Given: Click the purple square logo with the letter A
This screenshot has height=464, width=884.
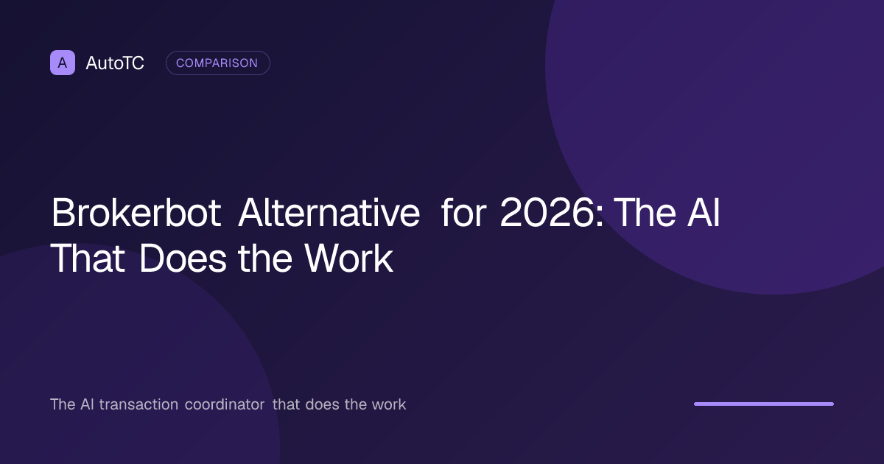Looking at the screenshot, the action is [63, 63].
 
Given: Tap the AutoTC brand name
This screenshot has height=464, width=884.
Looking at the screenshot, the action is [115, 63].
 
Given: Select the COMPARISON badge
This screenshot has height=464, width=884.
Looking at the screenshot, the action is [218, 63].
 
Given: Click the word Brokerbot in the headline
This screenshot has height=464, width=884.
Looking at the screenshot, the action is [136, 213].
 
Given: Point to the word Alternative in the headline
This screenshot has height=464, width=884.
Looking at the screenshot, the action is [329, 213].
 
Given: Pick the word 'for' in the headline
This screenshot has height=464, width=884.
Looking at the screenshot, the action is [463, 213].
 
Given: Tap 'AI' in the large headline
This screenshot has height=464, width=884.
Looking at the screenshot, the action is [704, 213].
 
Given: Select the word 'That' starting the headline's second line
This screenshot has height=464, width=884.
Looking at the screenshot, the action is [88, 259].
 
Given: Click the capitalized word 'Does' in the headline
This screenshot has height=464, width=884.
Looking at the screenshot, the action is [183, 259].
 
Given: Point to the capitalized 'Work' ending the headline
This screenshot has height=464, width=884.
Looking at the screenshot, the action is [348, 259].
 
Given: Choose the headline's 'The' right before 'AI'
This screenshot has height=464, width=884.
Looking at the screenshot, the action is [645, 213].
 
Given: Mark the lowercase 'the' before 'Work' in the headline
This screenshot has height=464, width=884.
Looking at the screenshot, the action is [265, 259].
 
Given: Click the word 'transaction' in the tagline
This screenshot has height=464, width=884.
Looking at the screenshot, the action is [138, 404].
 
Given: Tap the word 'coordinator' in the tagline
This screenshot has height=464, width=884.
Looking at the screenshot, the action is [225, 404].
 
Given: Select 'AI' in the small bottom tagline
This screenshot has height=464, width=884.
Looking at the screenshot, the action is [87, 404].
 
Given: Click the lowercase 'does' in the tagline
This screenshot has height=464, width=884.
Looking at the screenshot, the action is [322, 404].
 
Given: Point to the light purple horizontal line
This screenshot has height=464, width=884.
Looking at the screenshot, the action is [764, 404].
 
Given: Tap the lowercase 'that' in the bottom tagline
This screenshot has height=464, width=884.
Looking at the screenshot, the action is [286, 404].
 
